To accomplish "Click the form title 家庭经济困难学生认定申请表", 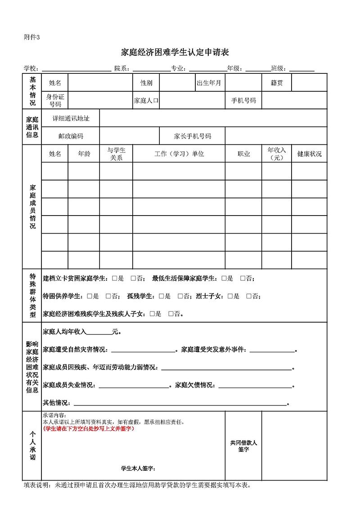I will tap(175, 53).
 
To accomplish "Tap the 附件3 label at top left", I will tap(31, 37).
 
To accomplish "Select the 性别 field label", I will tap(146, 83).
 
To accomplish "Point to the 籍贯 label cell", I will tap(277, 83).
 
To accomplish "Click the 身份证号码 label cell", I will tap(55, 100).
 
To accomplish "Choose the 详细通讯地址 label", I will tap(71, 118).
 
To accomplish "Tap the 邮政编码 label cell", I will tap(71, 136).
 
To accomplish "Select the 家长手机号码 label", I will tap(192, 136).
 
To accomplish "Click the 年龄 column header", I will tap(84, 153).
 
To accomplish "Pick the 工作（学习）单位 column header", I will tap(179, 153).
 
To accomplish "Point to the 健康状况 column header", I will tap(309, 153).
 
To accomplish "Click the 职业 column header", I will tap(243, 153).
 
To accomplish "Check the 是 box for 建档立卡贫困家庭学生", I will tap(115, 279).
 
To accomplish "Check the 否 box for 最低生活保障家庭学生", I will tap(243, 279).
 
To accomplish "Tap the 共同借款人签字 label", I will tap(243, 446).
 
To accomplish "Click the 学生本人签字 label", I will tap(138, 468).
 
